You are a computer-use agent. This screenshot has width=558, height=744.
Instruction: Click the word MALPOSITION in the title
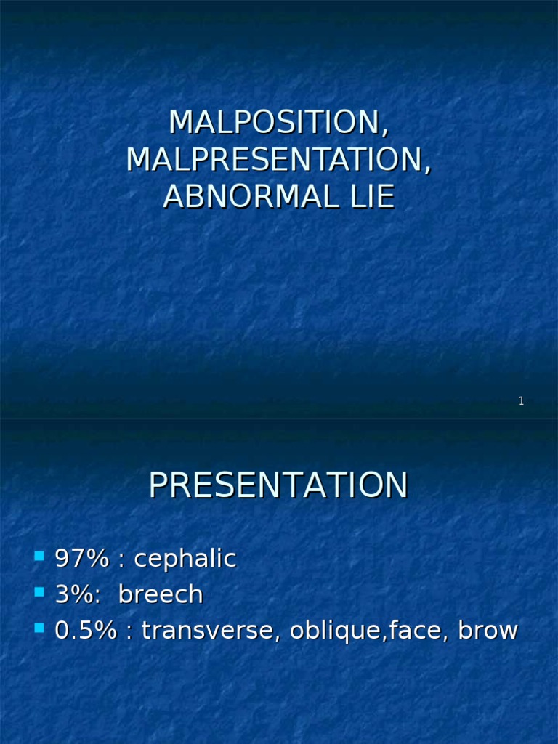(x=275, y=123)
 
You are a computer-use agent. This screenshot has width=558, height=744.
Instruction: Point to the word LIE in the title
(x=372, y=196)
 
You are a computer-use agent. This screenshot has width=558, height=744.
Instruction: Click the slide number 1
(x=521, y=401)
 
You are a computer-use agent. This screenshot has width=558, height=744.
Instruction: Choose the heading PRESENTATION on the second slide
(x=278, y=485)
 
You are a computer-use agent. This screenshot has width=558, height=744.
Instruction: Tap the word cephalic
(x=185, y=559)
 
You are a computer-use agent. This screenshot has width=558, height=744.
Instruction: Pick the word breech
(x=161, y=594)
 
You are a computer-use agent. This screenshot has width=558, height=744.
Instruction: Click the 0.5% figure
(x=86, y=630)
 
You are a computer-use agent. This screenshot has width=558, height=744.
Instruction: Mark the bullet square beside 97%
(x=39, y=557)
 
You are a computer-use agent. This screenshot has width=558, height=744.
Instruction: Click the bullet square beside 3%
(x=39, y=592)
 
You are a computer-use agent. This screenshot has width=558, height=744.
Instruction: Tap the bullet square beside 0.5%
(x=39, y=628)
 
